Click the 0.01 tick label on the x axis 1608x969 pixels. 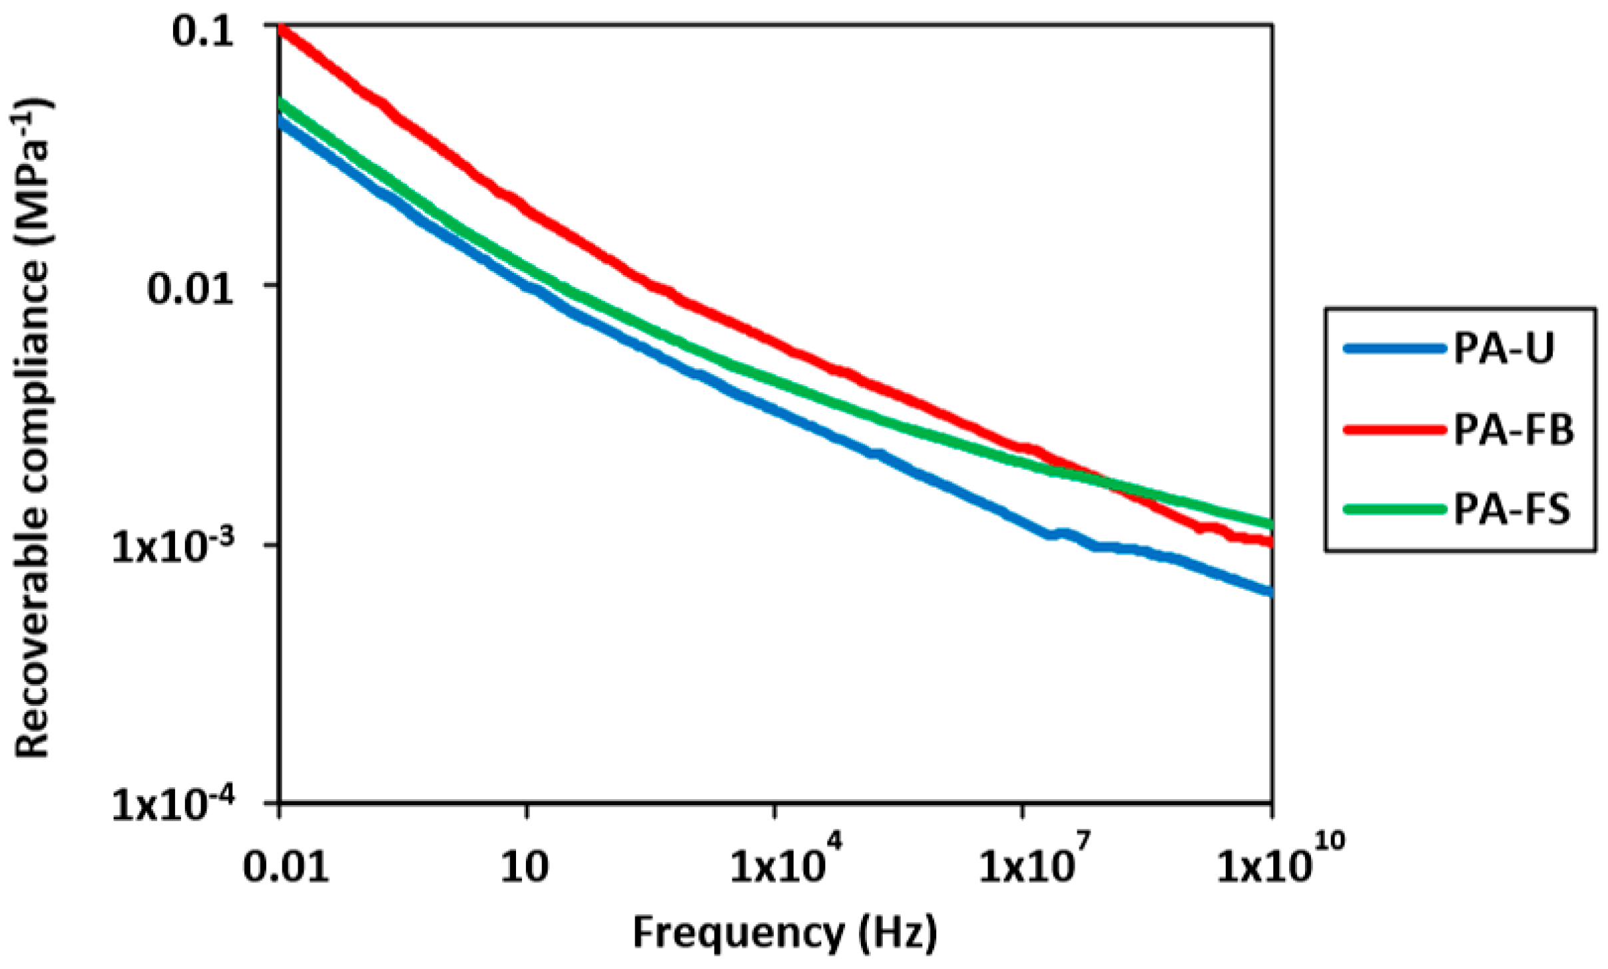[286, 868]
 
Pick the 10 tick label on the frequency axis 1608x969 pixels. [525, 868]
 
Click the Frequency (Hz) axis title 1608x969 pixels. [784, 932]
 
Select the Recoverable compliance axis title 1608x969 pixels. [32, 426]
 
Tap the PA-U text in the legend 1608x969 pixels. [1503, 348]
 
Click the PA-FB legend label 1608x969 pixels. [1513, 430]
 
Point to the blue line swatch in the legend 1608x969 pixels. [1394, 348]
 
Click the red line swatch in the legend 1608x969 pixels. [1394, 430]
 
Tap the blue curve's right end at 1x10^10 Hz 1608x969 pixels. [1270, 591]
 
